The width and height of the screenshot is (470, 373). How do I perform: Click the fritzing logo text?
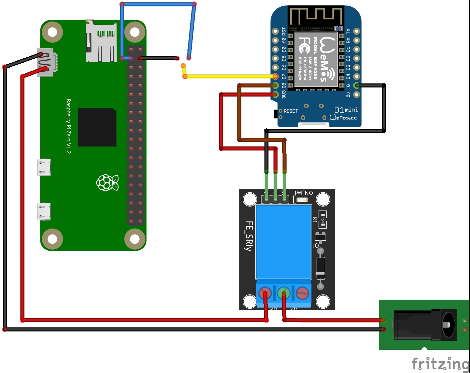click(x=440, y=364)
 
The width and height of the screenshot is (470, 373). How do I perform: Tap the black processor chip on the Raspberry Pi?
click(x=97, y=127)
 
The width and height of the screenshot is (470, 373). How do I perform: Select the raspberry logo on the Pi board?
click(x=107, y=183)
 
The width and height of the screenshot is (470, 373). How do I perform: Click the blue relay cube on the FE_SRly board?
click(x=284, y=242)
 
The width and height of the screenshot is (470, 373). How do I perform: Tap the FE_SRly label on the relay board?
click(x=248, y=236)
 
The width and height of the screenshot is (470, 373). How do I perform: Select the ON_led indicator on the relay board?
click(x=302, y=200)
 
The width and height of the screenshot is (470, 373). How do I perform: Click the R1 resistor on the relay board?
click(x=322, y=219)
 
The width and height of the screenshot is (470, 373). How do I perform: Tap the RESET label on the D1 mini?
click(x=291, y=111)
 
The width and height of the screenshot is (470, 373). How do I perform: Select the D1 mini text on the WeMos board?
click(x=346, y=110)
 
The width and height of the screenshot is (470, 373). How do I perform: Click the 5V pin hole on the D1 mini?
click(x=357, y=95)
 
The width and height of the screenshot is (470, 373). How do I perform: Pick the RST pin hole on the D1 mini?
click(x=275, y=32)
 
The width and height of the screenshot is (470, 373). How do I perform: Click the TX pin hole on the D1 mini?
click(x=357, y=32)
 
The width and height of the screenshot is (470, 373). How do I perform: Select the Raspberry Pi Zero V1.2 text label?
click(x=68, y=126)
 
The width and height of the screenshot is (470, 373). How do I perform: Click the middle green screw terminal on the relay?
click(x=284, y=293)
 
